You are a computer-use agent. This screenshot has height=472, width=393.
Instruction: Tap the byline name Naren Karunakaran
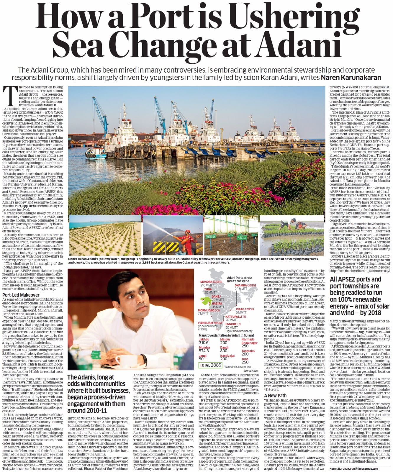click(351, 78)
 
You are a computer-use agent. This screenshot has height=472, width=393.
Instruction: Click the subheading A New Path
click(275, 395)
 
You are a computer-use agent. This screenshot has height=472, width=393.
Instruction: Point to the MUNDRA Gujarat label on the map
click(211, 282)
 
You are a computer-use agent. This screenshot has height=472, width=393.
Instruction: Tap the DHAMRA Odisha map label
click(245, 285)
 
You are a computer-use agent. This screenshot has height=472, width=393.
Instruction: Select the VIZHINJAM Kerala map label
click(209, 323)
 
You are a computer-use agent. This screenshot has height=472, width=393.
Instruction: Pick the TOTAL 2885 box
click(210, 365)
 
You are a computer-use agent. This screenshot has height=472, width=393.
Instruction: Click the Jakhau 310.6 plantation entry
click(204, 341)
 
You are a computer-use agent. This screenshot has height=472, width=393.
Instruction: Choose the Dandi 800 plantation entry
click(224, 349)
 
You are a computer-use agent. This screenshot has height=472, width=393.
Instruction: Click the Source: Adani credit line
click(251, 370)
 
